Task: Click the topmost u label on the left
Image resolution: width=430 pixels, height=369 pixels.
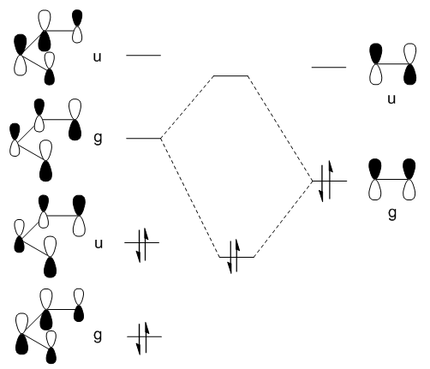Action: (98, 57)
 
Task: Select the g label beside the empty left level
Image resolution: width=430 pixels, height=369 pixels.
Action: (98, 139)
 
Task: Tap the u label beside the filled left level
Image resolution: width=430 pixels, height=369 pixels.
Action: (99, 244)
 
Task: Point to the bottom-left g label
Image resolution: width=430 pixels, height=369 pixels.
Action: (98, 336)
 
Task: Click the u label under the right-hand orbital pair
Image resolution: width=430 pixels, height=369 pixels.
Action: (391, 99)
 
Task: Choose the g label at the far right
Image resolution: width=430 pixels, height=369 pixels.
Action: (392, 213)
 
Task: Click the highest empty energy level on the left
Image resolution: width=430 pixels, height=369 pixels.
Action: (143, 55)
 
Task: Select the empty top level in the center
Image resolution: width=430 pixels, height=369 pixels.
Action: (230, 76)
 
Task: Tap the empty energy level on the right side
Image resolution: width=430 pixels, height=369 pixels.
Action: (329, 68)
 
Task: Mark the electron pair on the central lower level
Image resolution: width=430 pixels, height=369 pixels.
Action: (233, 257)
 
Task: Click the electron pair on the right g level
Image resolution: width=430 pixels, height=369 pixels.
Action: (326, 181)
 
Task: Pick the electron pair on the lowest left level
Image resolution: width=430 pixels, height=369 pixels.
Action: (143, 337)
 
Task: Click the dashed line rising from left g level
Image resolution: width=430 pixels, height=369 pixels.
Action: (188, 107)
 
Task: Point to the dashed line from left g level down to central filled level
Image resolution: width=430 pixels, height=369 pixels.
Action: (190, 198)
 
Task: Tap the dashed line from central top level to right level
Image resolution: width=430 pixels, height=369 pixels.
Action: (280, 128)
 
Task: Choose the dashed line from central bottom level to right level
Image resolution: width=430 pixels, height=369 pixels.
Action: (284, 219)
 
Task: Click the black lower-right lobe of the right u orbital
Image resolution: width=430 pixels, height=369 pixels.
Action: (410, 74)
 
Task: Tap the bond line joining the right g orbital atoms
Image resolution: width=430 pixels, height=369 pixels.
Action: (392, 179)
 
